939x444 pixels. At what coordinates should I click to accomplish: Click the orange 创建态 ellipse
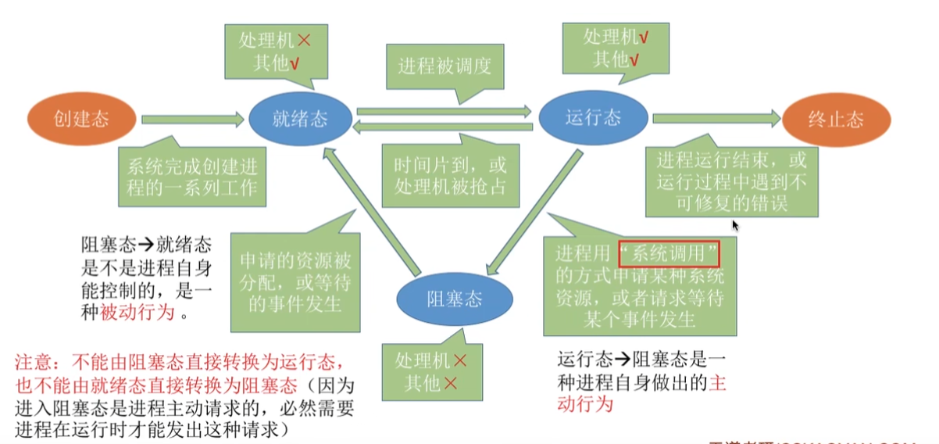pyautogui.click(x=81, y=119)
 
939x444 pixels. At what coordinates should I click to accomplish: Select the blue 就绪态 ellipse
pyautogui.click(x=300, y=119)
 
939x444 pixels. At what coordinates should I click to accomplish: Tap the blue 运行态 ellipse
pyautogui.click(x=593, y=117)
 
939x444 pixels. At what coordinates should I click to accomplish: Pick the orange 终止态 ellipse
pyautogui.click(x=834, y=119)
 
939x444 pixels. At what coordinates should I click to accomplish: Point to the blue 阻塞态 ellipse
pyautogui.click(x=454, y=299)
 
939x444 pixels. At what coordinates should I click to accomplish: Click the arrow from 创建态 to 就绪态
pyautogui.click(x=191, y=120)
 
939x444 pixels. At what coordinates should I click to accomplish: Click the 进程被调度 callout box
pyautogui.click(x=444, y=66)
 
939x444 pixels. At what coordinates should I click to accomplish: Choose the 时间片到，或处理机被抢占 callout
pyautogui.click(x=450, y=174)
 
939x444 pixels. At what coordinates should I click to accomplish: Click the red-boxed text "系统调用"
pyautogui.click(x=668, y=255)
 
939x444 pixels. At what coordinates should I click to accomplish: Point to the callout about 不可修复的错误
pyautogui.click(x=731, y=182)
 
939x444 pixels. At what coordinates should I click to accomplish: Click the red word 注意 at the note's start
pyautogui.click(x=35, y=363)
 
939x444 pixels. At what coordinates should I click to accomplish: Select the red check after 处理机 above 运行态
pyautogui.click(x=643, y=37)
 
